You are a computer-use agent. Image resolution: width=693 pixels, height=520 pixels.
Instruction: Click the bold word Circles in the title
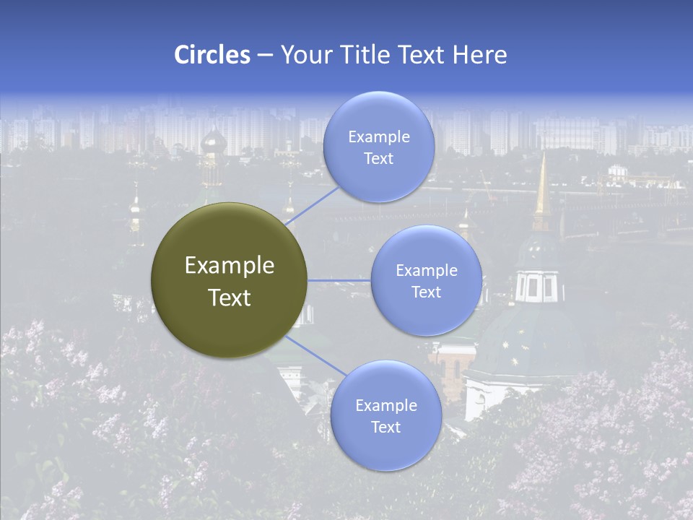coord(212,55)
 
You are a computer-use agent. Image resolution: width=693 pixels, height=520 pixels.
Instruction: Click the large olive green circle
coord(230,280)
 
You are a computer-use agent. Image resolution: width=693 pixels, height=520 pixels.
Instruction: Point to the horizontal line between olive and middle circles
coord(339,280)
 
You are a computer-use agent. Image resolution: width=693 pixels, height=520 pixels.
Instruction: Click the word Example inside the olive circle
coord(230,266)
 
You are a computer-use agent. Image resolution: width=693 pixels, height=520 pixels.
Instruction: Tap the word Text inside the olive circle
coord(230,298)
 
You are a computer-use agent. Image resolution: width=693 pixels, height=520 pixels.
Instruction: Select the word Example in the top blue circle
coord(379,137)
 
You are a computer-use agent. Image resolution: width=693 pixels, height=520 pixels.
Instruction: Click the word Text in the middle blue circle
coord(426,292)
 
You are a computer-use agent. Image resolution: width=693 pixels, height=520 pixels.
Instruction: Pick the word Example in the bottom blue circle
coord(386,406)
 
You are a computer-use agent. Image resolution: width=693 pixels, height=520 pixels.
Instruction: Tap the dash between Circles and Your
coord(265,55)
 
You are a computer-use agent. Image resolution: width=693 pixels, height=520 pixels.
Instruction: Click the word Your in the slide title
coord(306,55)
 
